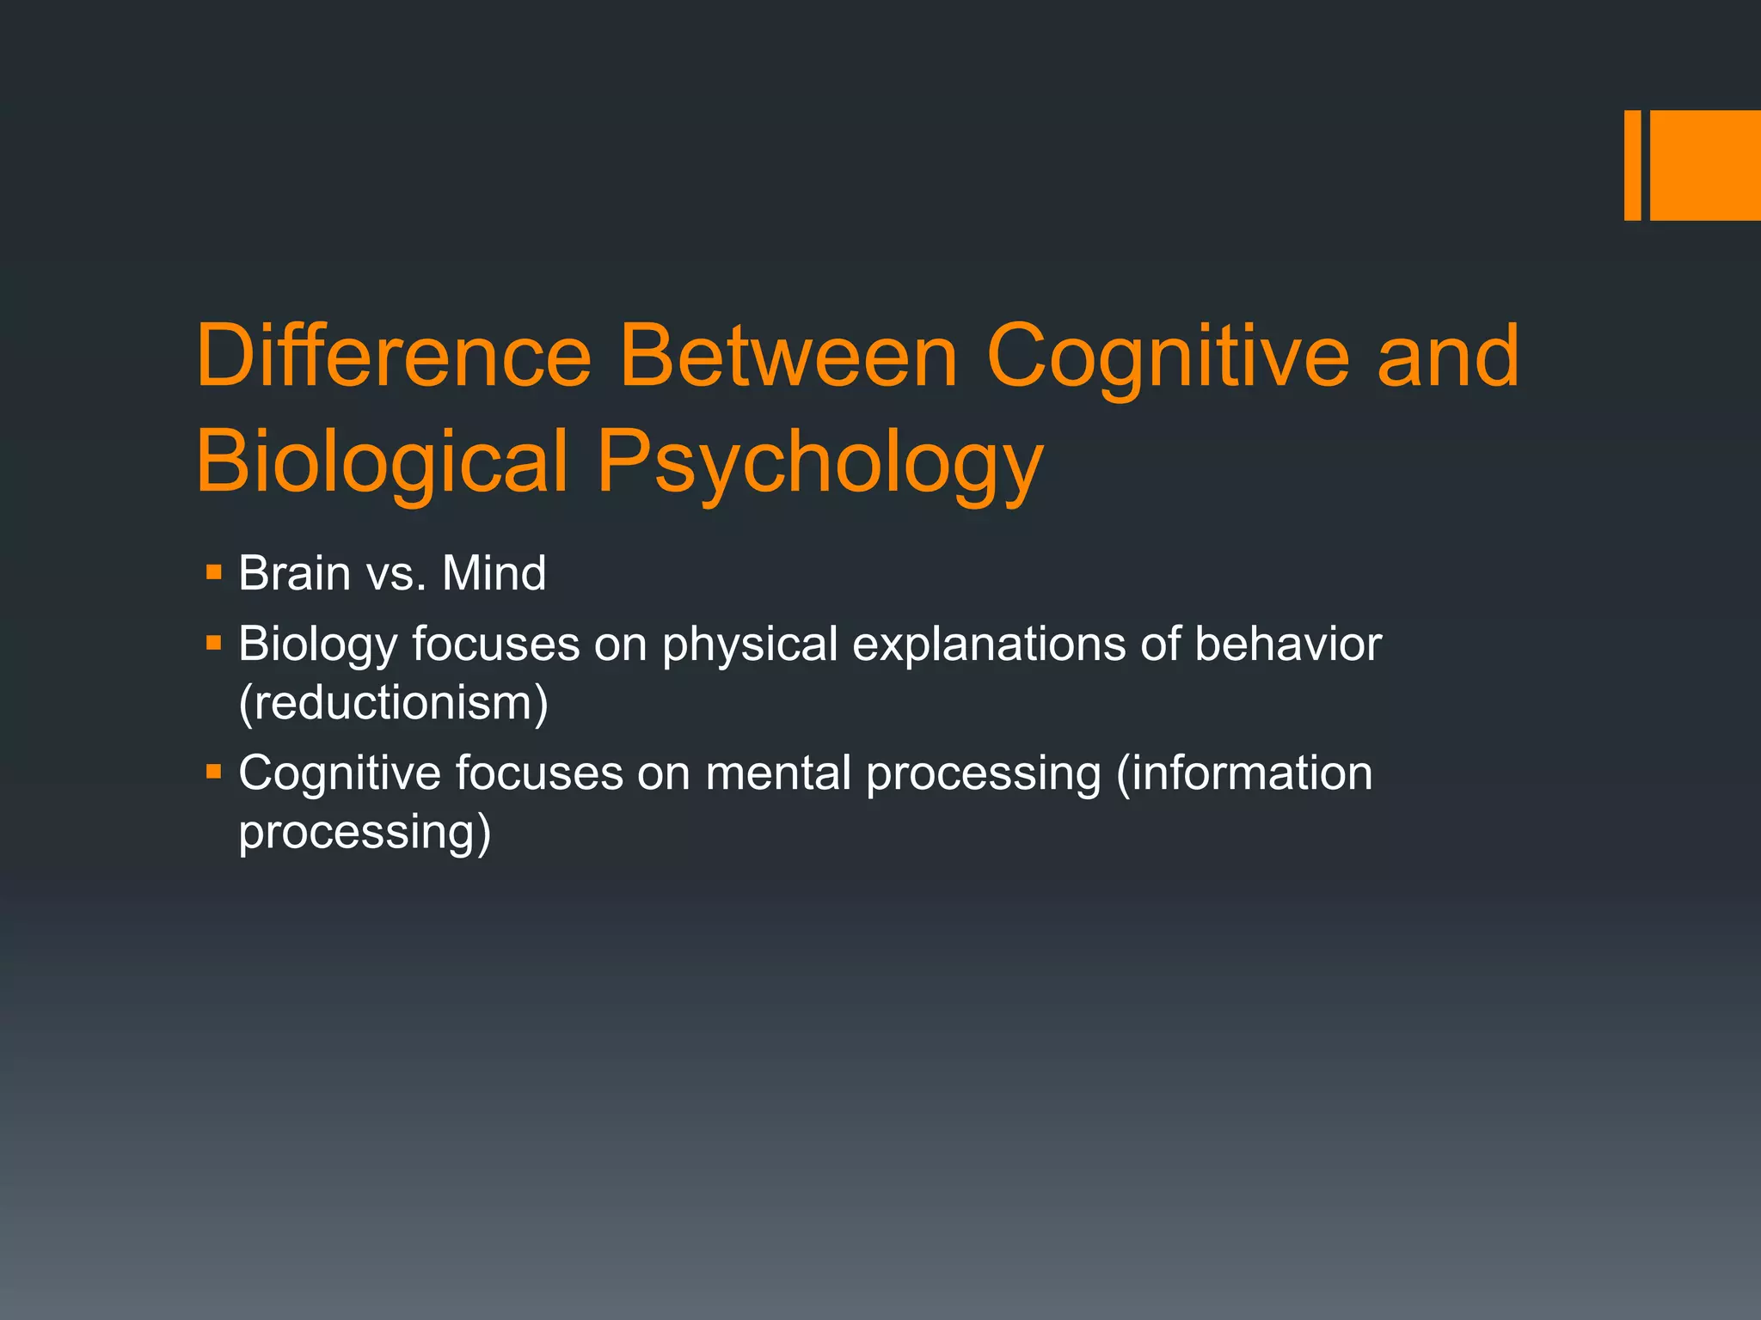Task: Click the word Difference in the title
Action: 394,357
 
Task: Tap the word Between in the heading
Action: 788,357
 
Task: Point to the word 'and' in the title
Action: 1448,357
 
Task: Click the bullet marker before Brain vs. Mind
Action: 214,571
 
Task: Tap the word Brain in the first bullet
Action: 294,573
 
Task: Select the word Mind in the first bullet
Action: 494,573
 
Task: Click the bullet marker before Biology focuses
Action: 214,642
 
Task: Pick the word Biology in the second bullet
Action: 317,645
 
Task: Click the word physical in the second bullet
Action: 750,645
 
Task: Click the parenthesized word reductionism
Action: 394,703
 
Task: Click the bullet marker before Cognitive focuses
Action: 214,771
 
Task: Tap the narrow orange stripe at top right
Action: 1632,165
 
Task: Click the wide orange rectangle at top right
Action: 1705,165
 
